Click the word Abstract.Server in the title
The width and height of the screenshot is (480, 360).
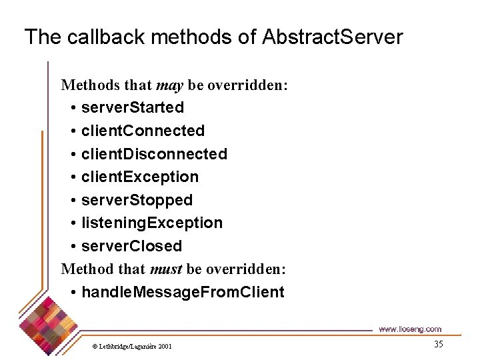(x=333, y=37)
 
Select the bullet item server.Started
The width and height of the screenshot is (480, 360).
(x=132, y=107)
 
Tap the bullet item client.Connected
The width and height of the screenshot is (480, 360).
(x=143, y=131)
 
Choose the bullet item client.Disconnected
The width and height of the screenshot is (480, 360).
(x=154, y=154)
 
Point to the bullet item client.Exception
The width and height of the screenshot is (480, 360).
(x=139, y=177)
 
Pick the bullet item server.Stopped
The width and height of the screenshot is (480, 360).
(x=137, y=200)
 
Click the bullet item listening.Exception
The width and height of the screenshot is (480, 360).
(x=151, y=223)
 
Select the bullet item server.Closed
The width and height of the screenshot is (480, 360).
(x=131, y=246)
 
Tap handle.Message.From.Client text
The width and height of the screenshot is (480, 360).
(x=183, y=292)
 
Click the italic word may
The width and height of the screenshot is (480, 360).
(x=169, y=85)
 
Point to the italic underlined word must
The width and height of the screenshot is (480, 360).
(x=166, y=269)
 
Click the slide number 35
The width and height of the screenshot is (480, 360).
(x=438, y=345)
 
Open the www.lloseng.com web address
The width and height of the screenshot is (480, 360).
(x=409, y=329)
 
